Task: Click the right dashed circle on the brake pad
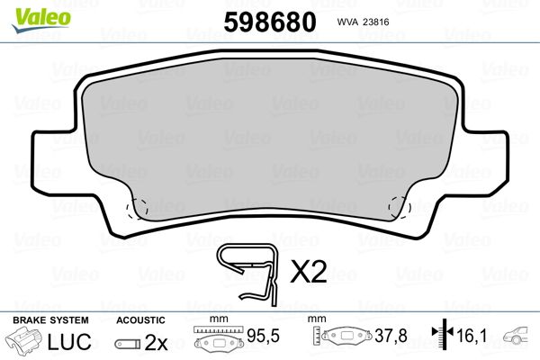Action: [x=400, y=209]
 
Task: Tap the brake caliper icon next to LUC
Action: [x=26, y=342]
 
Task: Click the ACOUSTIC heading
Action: [x=140, y=319]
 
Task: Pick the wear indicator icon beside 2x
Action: [x=129, y=343]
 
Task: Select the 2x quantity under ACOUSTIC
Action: [x=156, y=342]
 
